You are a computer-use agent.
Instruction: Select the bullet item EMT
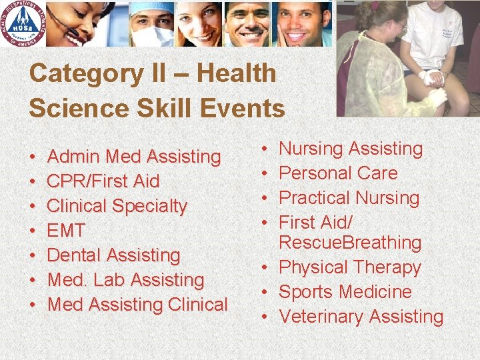tap(67, 231)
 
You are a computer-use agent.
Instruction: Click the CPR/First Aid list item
tap(104, 181)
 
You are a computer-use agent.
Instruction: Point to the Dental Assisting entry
tap(114, 255)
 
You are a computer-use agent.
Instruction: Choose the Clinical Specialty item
tap(117, 206)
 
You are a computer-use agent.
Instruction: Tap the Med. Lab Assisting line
tap(126, 280)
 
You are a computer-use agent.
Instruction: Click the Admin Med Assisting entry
tap(134, 157)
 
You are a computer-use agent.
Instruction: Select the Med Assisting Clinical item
tap(138, 305)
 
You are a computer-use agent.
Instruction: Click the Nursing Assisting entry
tap(351, 149)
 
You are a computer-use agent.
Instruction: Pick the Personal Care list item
tap(338, 173)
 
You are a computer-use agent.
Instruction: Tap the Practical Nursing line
tap(349, 198)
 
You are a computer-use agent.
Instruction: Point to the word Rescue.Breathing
tap(350, 243)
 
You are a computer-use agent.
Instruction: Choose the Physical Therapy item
tap(350, 267)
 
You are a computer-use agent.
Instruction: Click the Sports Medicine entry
tap(345, 292)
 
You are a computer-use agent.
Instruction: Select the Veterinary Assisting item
tap(361, 317)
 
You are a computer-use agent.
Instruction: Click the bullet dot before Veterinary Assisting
tap(265, 317)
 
